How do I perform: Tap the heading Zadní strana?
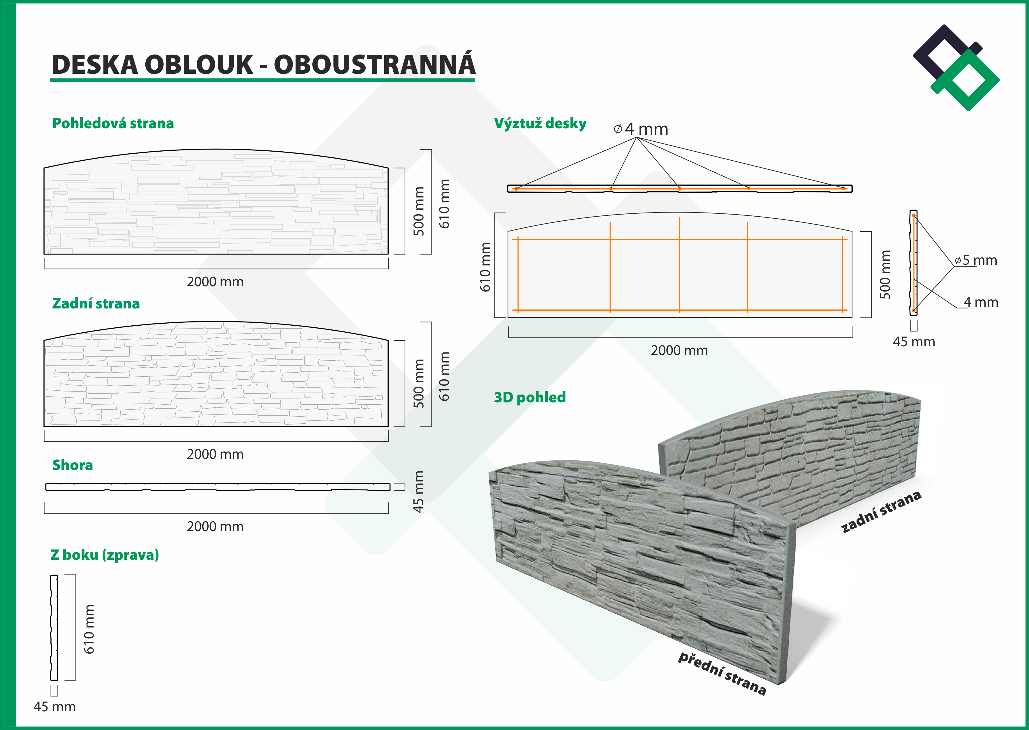(x=96, y=303)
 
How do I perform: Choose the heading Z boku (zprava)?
(x=105, y=555)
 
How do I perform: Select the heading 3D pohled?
(x=530, y=397)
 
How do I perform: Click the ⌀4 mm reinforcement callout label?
(x=641, y=129)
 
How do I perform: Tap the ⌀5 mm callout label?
(x=976, y=260)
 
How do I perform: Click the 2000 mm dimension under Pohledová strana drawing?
(x=215, y=282)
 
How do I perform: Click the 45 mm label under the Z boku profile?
(x=55, y=707)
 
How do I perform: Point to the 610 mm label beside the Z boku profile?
(x=89, y=629)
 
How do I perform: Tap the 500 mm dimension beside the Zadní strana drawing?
(x=419, y=383)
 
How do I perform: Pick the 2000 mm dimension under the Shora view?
(x=215, y=527)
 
